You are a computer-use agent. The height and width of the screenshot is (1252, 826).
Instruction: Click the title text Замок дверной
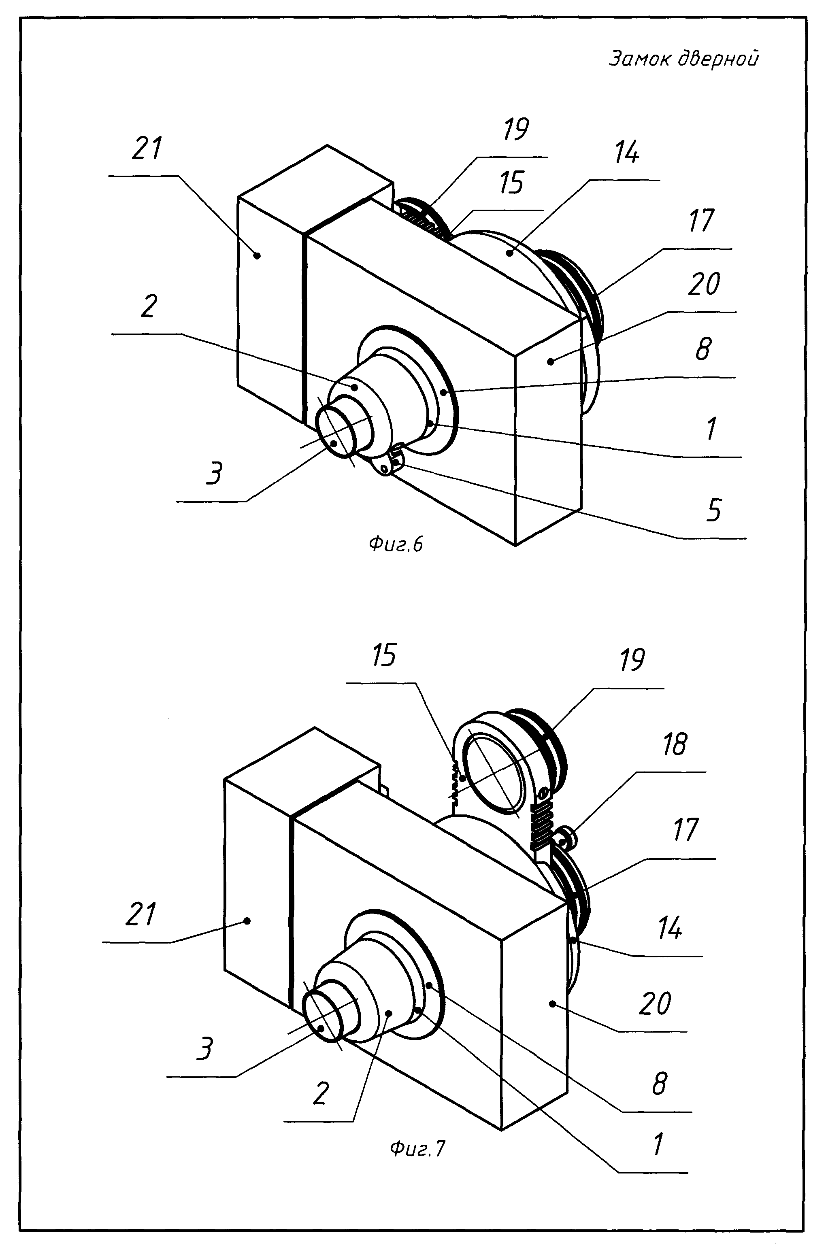point(684,58)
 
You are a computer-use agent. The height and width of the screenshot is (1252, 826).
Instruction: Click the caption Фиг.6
point(396,544)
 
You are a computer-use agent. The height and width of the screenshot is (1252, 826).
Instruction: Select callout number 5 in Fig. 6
point(713,510)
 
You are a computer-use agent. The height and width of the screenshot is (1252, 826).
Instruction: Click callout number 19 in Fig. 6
point(516,129)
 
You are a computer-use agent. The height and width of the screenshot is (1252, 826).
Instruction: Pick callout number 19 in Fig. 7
point(632,659)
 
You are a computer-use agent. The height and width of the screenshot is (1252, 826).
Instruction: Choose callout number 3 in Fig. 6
point(214,472)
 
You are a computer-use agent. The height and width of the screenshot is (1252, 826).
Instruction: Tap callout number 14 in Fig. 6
point(627,152)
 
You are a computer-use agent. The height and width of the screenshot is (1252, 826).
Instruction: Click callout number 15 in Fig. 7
point(383,655)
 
